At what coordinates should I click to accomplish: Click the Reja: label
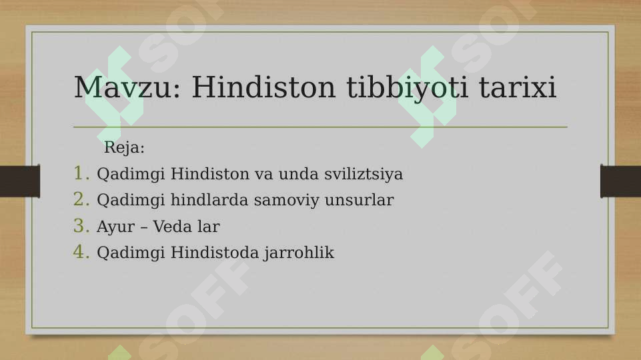click(x=124, y=147)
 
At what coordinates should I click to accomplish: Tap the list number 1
click(x=81, y=174)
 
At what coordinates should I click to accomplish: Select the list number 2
click(x=81, y=200)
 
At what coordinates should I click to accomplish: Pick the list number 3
click(x=81, y=227)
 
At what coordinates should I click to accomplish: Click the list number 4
click(x=81, y=253)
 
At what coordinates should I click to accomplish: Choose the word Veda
click(x=172, y=227)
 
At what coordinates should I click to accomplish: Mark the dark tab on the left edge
click(x=19, y=181)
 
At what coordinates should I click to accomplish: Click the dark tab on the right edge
click(x=620, y=181)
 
